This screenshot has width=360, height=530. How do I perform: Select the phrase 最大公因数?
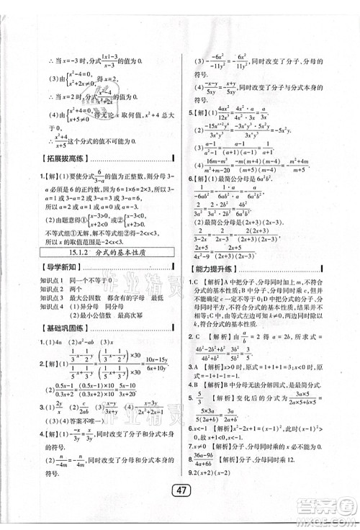click(81, 297)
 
